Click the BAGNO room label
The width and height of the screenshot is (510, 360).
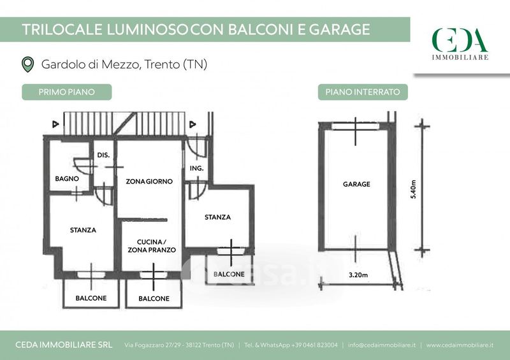pos(67,178)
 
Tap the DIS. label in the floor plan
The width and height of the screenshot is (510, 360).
pos(103,155)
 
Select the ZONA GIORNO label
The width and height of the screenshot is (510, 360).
pos(149,182)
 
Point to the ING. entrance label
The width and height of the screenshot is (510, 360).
pos(197,168)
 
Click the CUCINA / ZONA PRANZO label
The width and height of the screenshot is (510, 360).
pos(152,246)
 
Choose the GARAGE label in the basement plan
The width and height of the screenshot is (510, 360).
pos(356,184)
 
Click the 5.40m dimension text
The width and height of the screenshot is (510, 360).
pos(413,189)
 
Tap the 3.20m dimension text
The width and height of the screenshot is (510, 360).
pos(358,275)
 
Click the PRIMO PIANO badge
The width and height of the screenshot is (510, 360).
pos(67,92)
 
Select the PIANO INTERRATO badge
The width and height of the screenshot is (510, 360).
pos(363,92)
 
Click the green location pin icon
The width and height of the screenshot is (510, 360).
pos(27,64)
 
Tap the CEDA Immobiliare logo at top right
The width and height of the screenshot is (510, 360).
pos(460,44)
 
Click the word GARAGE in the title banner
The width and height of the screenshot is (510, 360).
pos(339,29)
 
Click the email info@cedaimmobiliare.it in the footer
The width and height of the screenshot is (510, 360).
pos(381,345)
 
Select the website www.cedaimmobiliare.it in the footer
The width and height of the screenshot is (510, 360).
pos(460,345)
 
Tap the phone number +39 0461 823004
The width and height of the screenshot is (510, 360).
pos(314,345)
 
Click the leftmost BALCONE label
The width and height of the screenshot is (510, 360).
pos(91,298)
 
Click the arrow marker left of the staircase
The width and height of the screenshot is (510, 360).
pos(55,124)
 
